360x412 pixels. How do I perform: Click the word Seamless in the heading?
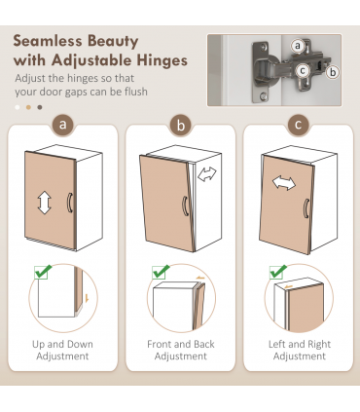[x=48, y=42]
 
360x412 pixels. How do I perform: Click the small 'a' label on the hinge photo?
[x=298, y=46]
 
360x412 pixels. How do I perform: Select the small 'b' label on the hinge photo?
[x=333, y=72]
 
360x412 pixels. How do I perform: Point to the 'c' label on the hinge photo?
[x=303, y=70]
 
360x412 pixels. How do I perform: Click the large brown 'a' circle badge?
[x=63, y=125]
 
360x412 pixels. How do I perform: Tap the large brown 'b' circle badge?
[x=181, y=125]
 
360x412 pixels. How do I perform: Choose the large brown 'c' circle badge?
[x=298, y=125]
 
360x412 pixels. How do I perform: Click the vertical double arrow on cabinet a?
[x=45, y=203]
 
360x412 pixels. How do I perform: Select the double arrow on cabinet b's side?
[x=207, y=174]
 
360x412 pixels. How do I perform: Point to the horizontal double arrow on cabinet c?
[x=284, y=183]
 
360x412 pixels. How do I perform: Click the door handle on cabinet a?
[x=70, y=203]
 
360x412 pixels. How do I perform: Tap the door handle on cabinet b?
[x=185, y=206]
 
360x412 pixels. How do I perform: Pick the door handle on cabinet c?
[x=306, y=208]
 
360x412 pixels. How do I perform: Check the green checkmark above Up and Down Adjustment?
[x=43, y=272]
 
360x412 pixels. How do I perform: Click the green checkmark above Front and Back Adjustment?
[x=161, y=272]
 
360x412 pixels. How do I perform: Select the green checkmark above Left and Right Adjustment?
[x=278, y=272]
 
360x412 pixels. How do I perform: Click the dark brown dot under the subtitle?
[x=40, y=107]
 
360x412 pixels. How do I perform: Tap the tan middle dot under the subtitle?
[x=28, y=107]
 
